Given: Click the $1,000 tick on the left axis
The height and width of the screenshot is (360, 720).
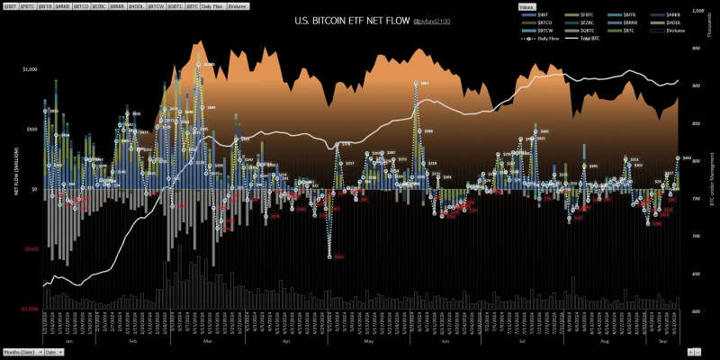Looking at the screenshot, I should [x=29, y=69].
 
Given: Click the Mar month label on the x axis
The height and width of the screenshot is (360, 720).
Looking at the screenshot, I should [x=208, y=342].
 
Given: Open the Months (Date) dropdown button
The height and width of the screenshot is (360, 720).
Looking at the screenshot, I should [x=22, y=352].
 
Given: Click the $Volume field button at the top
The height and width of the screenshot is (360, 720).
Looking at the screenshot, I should [x=238, y=6].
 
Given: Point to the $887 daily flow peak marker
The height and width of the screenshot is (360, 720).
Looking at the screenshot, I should [x=416, y=84].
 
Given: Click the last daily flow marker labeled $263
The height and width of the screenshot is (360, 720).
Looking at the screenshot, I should [x=678, y=158].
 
